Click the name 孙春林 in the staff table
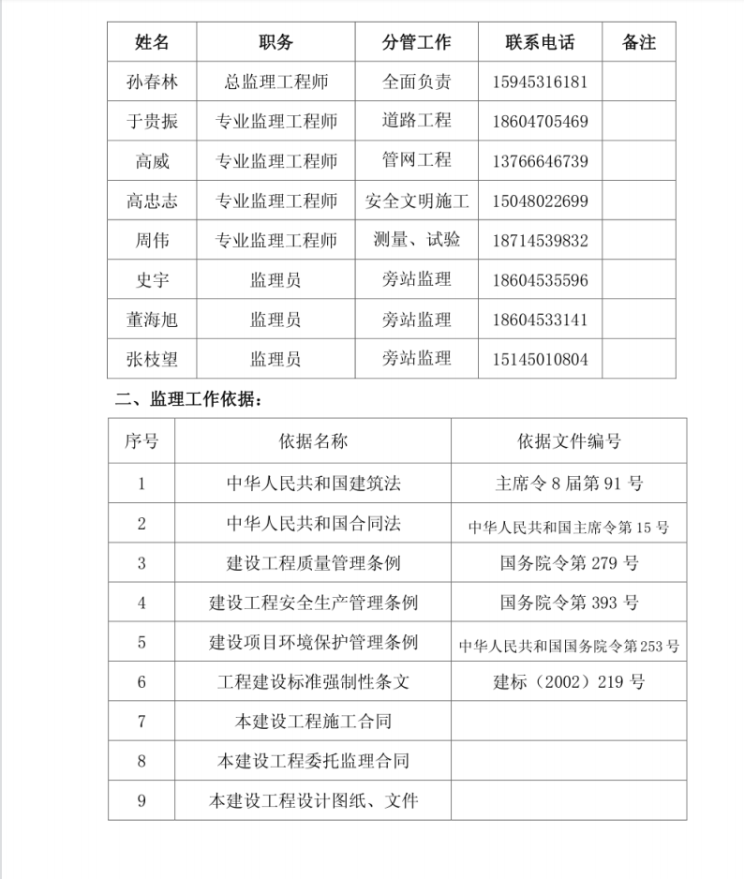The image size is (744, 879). click(152, 82)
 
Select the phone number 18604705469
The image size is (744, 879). click(540, 122)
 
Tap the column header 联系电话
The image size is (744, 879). click(540, 42)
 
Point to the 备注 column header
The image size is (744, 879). click(639, 42)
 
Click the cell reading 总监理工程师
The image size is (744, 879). click(275, 82)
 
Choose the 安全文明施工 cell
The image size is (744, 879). click(417, 201)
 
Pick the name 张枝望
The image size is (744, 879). click(152, 359)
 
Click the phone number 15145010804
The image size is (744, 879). click(540, 359)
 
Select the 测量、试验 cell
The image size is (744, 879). click(417, 240)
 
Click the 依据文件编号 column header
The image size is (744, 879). click(569, 441)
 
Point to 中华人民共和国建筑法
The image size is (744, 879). click(313, 484)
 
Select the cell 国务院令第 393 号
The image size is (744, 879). click(569, 603)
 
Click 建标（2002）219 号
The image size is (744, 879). click(569, 682)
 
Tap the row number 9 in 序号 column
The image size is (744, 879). click(141, 801)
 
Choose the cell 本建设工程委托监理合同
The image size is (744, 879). click(313, 761)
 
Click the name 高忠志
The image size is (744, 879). click(152, 201)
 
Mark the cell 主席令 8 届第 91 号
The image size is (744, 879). click(569, 484)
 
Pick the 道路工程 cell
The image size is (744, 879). click(417, 121)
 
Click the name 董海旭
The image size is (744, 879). click(152, 320)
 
